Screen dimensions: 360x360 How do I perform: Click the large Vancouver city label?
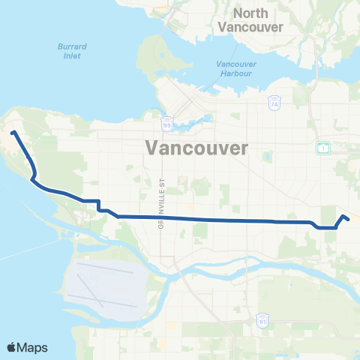coord(198,147)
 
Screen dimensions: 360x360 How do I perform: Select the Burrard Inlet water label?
coord(73,50)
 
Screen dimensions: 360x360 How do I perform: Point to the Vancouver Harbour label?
coord(237,69)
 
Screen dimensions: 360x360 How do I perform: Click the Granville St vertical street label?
coord(160,204)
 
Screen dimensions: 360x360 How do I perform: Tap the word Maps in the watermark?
coord(34,347)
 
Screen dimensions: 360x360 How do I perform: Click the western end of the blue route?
coord(13,133)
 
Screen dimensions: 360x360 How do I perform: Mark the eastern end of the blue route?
coord(349,220)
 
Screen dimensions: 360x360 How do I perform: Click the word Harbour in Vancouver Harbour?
coord(237,73)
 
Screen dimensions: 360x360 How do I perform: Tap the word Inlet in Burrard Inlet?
coord(73,55)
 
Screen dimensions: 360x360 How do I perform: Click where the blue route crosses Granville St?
coord(160,217)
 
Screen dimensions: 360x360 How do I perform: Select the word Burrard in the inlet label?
coord(73,46)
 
